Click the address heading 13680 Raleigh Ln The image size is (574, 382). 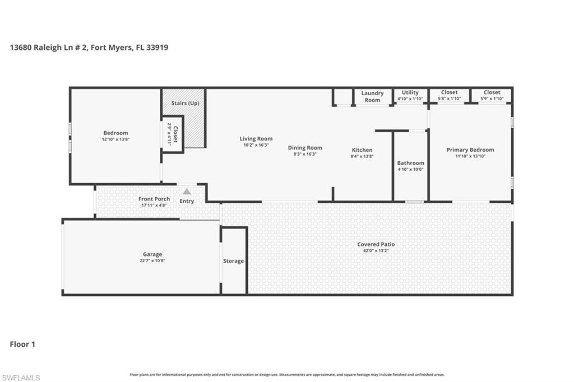click(x=89, y=48)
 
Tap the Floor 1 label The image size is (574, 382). click(x=22, y=344)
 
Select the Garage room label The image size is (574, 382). click(x=152, y=254)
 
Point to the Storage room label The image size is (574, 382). click(x=233, y=261)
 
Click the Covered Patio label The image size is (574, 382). click(x=376, y=244)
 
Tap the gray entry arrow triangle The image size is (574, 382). click(x=187, y=192)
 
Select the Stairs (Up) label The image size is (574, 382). click(x=185, y=103)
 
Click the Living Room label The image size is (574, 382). click(x=256, y=138)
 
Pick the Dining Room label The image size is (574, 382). click(x=305, y=148)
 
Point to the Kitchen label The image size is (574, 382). click(x=362, y=150)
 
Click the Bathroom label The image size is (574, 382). click(x=410, y=163)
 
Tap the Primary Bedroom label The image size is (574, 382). click(x=470, y=150)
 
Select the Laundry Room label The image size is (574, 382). click(x=372, y=96)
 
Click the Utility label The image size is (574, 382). click(x=410, y=92)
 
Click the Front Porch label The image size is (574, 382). click(x=154, y=199)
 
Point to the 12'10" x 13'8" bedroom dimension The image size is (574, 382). click(x=115, y=139)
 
